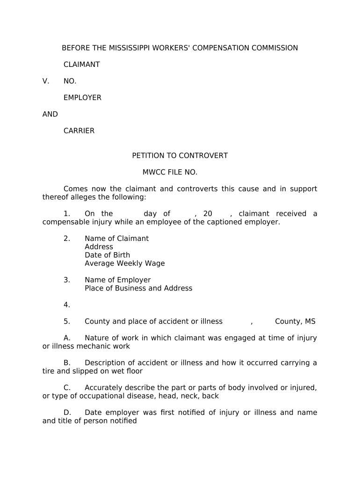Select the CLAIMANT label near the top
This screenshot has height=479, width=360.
tap(81, 65)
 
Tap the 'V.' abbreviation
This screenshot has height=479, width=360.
tap(46, 81)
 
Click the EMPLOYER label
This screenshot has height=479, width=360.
tap(82, 98)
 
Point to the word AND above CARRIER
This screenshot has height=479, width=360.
tap(50, 114)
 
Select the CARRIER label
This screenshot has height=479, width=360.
tap(79, 131)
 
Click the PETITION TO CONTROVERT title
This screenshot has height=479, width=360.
tap(180, 156)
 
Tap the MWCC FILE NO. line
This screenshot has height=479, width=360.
tap(170, 172)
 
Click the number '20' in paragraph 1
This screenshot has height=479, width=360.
tap(208, 214)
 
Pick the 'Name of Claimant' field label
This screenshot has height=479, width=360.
tap(116, 239)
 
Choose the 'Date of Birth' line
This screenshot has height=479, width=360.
tap(107, 255)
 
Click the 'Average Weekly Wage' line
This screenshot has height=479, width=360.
tap(124, 263)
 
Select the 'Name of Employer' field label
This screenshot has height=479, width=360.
tap(117, 280)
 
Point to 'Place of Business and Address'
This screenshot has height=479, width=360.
tap(138, 288)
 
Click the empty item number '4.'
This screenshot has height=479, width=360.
tap(67, 305)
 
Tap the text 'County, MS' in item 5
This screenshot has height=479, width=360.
tap(295, 321)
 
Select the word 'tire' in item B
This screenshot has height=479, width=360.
tap(49, 371)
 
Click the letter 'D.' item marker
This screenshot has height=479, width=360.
tap(67, 413)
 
